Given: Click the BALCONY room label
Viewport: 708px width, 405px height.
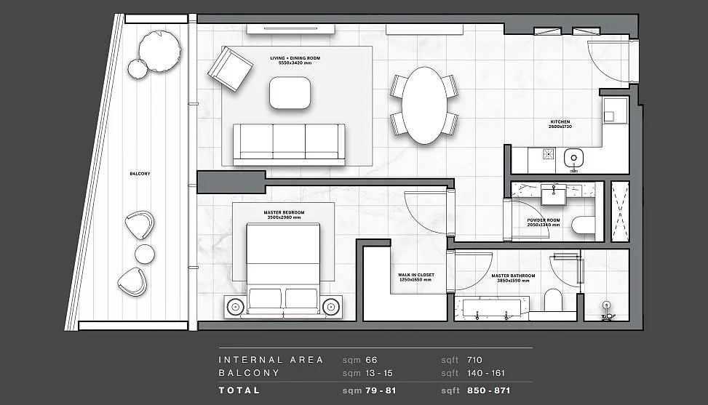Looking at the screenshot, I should (140, 174).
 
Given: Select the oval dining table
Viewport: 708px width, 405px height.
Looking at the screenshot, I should (424, 105).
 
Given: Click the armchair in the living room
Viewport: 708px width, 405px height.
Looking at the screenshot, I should (230, 69).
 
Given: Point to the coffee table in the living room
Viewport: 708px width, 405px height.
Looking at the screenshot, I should (293, 93).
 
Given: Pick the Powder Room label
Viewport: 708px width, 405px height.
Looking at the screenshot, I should (543, 222).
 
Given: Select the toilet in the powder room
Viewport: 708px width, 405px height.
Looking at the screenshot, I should (584, 226).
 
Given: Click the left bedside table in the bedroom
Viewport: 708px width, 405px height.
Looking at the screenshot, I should (236, 306).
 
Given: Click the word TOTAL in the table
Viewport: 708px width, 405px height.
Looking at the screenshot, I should (239, 390).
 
